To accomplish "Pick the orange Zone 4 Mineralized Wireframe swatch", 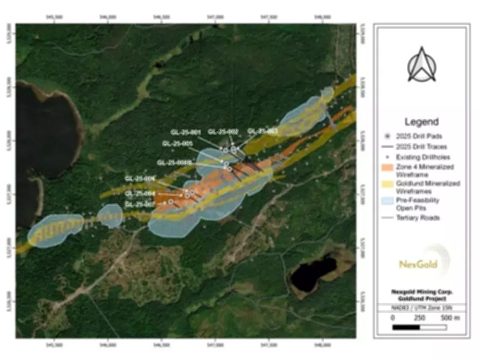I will pyautogui.click(x=393, y=166).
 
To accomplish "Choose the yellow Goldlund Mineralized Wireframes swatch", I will pyautogui.click(x=393, y=183).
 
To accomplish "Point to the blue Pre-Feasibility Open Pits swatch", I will pyautogui.click(x=393, y=201).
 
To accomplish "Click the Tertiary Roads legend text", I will pyautogui.click(x=430, y=218).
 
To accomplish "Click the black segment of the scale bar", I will pyautogui.click(x=406, y=328).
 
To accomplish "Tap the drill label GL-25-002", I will pyautogui.click(x=223, y=132).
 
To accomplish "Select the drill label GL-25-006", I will pyautogui.click(x=141, y=178).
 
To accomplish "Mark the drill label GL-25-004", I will pyautogui.click(x=140, y=194).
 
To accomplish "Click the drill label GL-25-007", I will pyautogui.click(x=140, y=204).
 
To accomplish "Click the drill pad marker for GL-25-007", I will pyautogui.click(x=171, y=202).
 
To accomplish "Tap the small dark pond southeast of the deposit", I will pyautogui.click(x=313, y=272).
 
